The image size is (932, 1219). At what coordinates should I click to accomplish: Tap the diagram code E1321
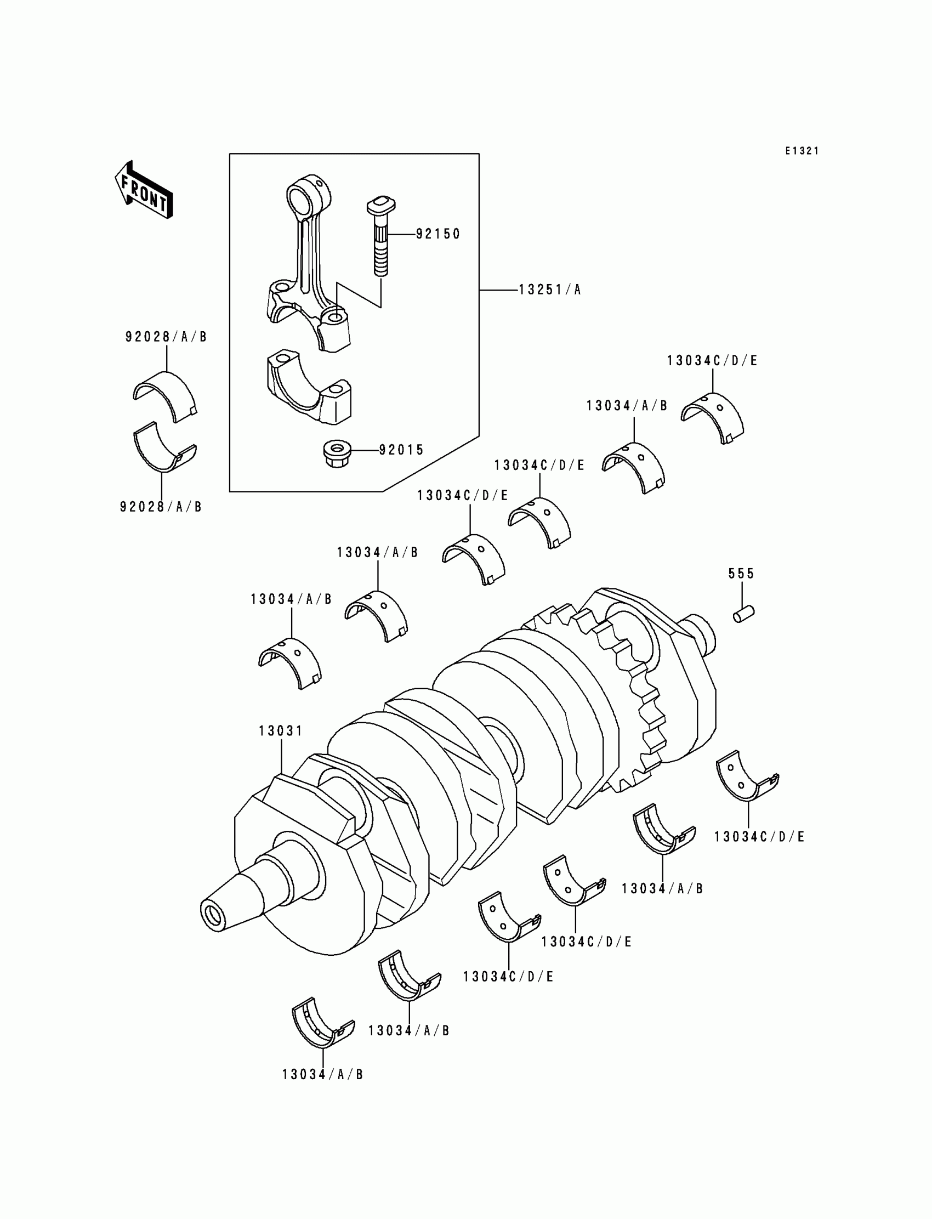[x=802, y=151]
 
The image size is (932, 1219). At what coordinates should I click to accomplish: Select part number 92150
[x=437, y=234]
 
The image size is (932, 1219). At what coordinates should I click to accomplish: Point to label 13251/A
[x=549, y=290]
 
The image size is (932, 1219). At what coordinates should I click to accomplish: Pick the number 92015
[x=401, y=450]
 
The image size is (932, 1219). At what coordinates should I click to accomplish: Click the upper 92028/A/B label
[x=166, y=337]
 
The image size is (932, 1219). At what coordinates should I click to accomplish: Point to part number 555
[x=741, y=574]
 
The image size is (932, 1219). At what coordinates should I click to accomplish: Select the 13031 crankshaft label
[x=281, y=731]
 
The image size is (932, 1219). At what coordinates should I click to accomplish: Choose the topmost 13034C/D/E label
[x=712, y=361]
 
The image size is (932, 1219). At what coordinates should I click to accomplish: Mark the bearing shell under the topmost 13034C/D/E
[x=713, y=417]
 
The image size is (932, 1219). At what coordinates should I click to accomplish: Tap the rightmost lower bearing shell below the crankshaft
[x=747, y=778]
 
